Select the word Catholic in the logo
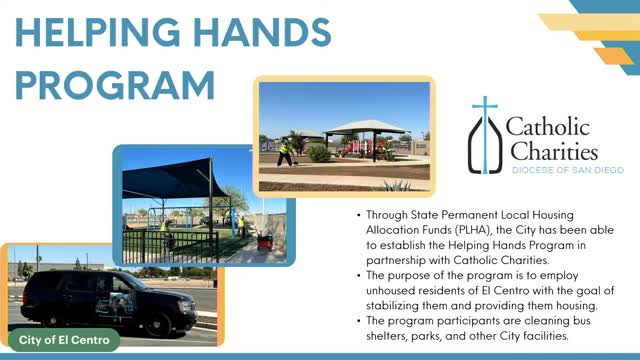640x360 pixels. (547, 128)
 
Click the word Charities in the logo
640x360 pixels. (553, 152)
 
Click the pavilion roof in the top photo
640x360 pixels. (364, 127)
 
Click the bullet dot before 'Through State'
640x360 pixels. (358, 215)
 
